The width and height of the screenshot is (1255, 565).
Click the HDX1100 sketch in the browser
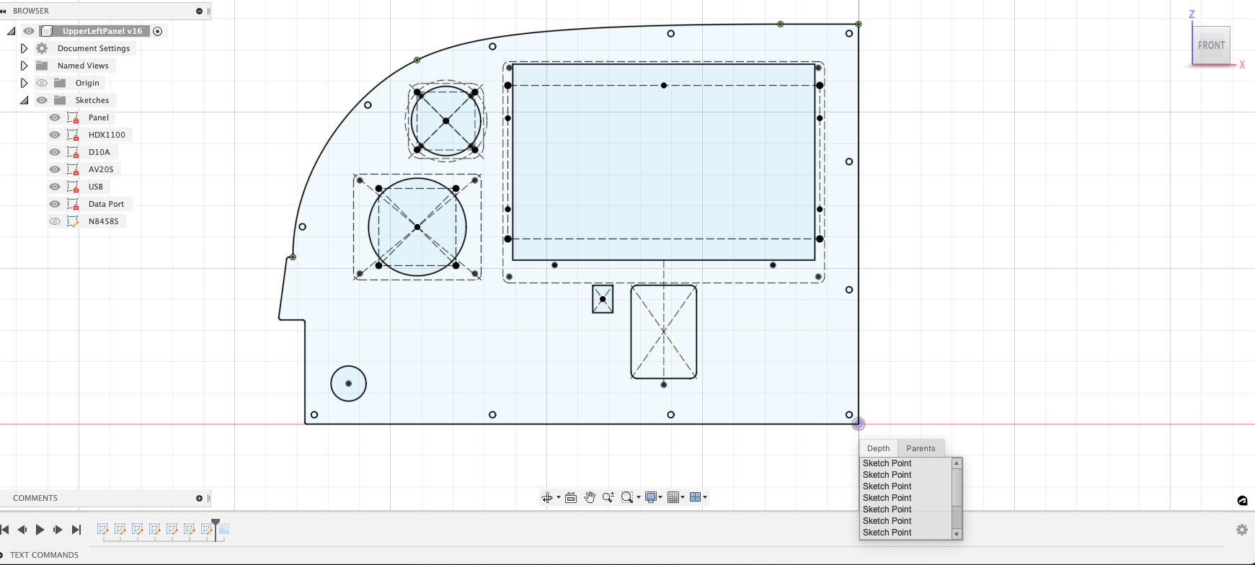pyautogui.click(x=106, y=135)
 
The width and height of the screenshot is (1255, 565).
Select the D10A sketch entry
pyautogui.click(x=99, y=152)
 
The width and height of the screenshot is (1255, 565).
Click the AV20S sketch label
pyautogui.click(x=101, y=169)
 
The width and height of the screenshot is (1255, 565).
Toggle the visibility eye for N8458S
pyautogui.click(x=55, y=221)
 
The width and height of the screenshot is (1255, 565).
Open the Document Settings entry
pyautogui.click(x=94, y=48)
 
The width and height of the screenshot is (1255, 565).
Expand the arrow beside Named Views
pyautogui.click(x=24, y=66)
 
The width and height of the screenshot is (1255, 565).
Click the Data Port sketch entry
pyautogui.click(x=106, y=204)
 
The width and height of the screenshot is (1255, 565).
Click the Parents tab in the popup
pyautogui.click(x=921, y=448)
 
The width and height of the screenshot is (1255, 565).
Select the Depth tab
pyautogui.click(x=878, y=448)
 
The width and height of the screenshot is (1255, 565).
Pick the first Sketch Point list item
pyautogui.click(x=887, y=463)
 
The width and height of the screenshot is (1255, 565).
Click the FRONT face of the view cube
pyautogui.click(x=1211, y=45)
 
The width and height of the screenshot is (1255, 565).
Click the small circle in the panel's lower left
pyautogui.click(x=348, y=383)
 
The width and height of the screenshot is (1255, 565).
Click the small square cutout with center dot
pyautogui.click(x=603, y=299)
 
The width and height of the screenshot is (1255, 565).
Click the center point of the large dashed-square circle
pyautogui.click(x=417, y=227)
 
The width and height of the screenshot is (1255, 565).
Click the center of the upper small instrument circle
pyautogui.click(x=445, y=120)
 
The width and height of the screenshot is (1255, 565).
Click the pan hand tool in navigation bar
pyautogui.click(x=590, y=497)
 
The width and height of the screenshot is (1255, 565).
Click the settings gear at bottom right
pyautogui.click(x=1241, y=530)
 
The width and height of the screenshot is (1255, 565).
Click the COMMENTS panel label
pyautogui.click(x=35, y=498)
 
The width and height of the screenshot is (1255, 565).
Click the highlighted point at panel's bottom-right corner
pyautogui.click(x=858, y=424)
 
